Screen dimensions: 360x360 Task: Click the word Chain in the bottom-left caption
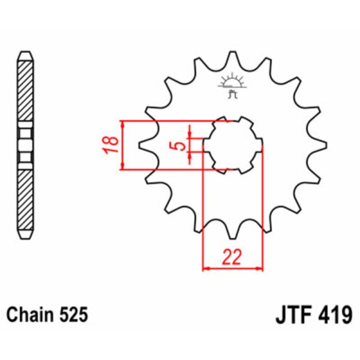coord(30,314)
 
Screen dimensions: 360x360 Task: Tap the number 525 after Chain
coord(74,314)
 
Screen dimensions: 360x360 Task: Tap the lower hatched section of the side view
coord(25,198)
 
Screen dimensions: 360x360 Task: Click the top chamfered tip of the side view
coord(25,56)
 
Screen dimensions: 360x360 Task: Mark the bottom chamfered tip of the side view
coord(25,234)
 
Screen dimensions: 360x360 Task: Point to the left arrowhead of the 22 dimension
coord(206,268)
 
